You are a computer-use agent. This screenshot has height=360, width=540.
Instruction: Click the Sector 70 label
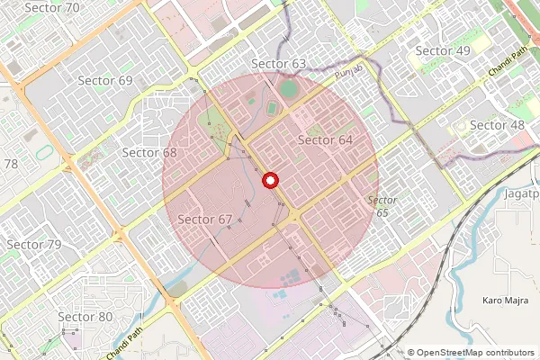pyautogui.click(x=53, y=7)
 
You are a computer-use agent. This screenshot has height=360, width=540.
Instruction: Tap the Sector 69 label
pyautogui.click(x=105, y=80)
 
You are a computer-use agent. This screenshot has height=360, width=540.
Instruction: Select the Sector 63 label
pyautogui.click(x=279, y=63)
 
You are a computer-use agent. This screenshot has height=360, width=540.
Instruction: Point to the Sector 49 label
pyautogui.click(x=443, y=50)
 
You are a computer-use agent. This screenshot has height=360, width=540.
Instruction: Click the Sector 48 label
pyautogui.click(x=497, y=124)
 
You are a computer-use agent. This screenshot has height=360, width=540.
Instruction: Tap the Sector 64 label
pyautogui.click(x=325, y=139)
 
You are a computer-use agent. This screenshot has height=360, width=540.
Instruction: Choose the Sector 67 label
pyautogui.click(x=205, y=220)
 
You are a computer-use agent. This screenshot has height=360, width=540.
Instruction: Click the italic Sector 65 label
pyautogui.click(x=382, y=205)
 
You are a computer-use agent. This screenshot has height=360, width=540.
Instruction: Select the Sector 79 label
pyautogui.click(x=34, y=245)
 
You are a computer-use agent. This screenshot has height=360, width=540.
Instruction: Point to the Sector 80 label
pyautogui.click(x=85, y=316)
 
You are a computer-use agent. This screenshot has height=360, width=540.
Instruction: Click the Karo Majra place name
pyautogui.click(x=504, y=298)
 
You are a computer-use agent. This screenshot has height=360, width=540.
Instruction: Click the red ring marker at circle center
pyautogui.click(x=268, y=181)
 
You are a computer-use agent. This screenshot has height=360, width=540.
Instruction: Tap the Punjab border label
pyautogui.click(x=348, y=71)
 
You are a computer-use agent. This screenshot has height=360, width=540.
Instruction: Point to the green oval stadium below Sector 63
pyautogui.click(x=287, y=89)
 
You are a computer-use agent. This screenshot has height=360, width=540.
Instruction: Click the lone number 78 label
pyautogui.click(x=11, y=164)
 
